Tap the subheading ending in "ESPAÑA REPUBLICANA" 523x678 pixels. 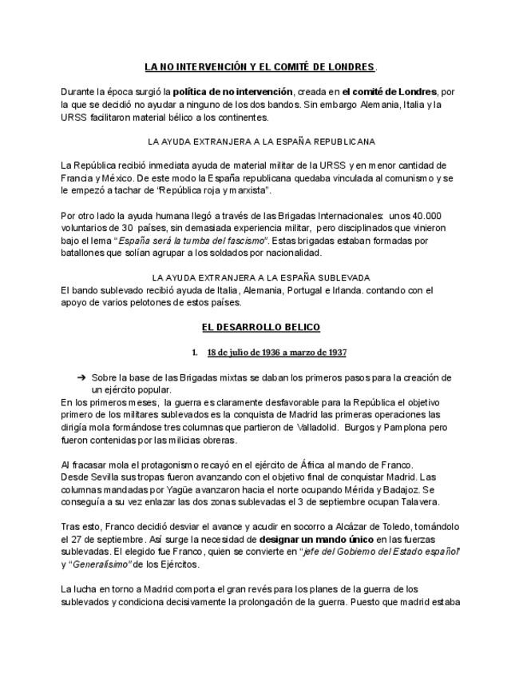point(262,142)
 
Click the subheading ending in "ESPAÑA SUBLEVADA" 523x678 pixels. point(262,277)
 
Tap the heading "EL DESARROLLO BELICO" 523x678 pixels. point(260,328)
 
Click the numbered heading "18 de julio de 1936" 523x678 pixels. point(275,353)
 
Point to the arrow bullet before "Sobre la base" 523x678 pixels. point(81,377)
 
